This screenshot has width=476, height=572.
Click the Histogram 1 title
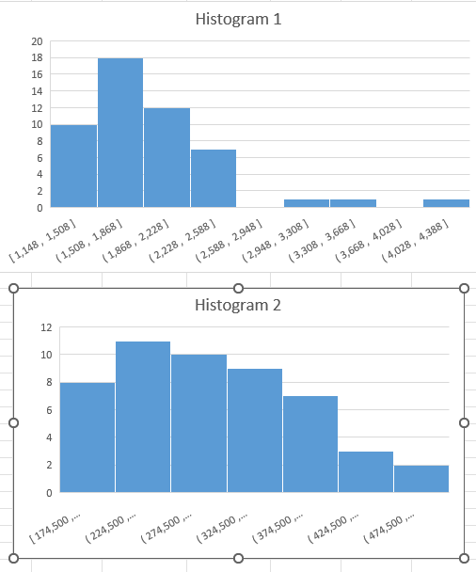pos(237,19)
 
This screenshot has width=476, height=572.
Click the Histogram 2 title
pos(237,305)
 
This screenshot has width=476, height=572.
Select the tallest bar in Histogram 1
pos(120,133)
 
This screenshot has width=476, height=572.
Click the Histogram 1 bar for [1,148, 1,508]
pos(73,166)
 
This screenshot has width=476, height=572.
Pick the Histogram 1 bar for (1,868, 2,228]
pos(167,157)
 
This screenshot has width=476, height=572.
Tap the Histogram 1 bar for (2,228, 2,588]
pos(214,178)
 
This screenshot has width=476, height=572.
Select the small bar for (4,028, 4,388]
pos(446,202)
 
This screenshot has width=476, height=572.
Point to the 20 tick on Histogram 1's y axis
pos(37,41)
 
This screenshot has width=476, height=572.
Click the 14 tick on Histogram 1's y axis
pos(37,91)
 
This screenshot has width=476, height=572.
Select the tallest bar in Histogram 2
pos(143,417)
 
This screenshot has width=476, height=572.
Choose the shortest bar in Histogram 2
pos(421,478)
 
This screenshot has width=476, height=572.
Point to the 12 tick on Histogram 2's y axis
pos(44,327)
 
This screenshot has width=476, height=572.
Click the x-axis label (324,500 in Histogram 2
pos(223,527)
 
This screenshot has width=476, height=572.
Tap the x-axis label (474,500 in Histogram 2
pos(387,527)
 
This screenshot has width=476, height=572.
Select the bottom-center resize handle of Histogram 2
pos(238,559)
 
